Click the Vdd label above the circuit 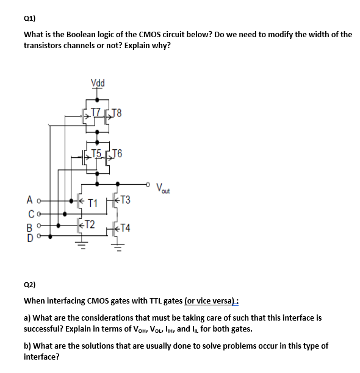click(97, 83)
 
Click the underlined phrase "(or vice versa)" click(211, 301)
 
